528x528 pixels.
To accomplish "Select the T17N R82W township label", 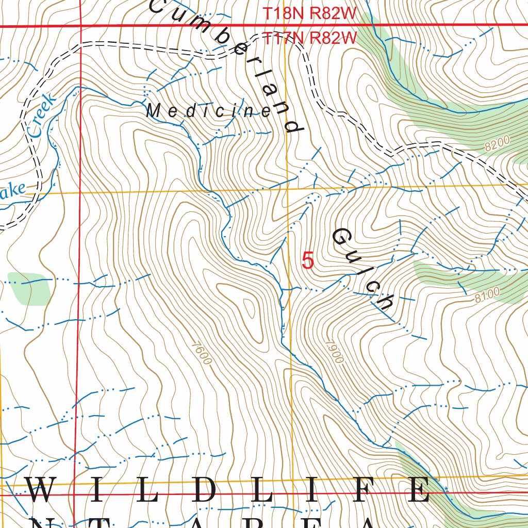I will pyautogui.click(x=310, y=37).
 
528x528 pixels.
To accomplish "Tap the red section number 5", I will pyautogui.click(x=307, y=261).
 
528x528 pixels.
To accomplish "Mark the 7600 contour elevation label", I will pyautogui.click(x=201, y=353).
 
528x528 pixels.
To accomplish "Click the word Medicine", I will pyautogui.click(x=208, y=111).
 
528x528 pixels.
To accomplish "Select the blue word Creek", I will pyautogui.click(x=40, y=115).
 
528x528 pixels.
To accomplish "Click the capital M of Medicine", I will pyautogui.click(x=153, y=110).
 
